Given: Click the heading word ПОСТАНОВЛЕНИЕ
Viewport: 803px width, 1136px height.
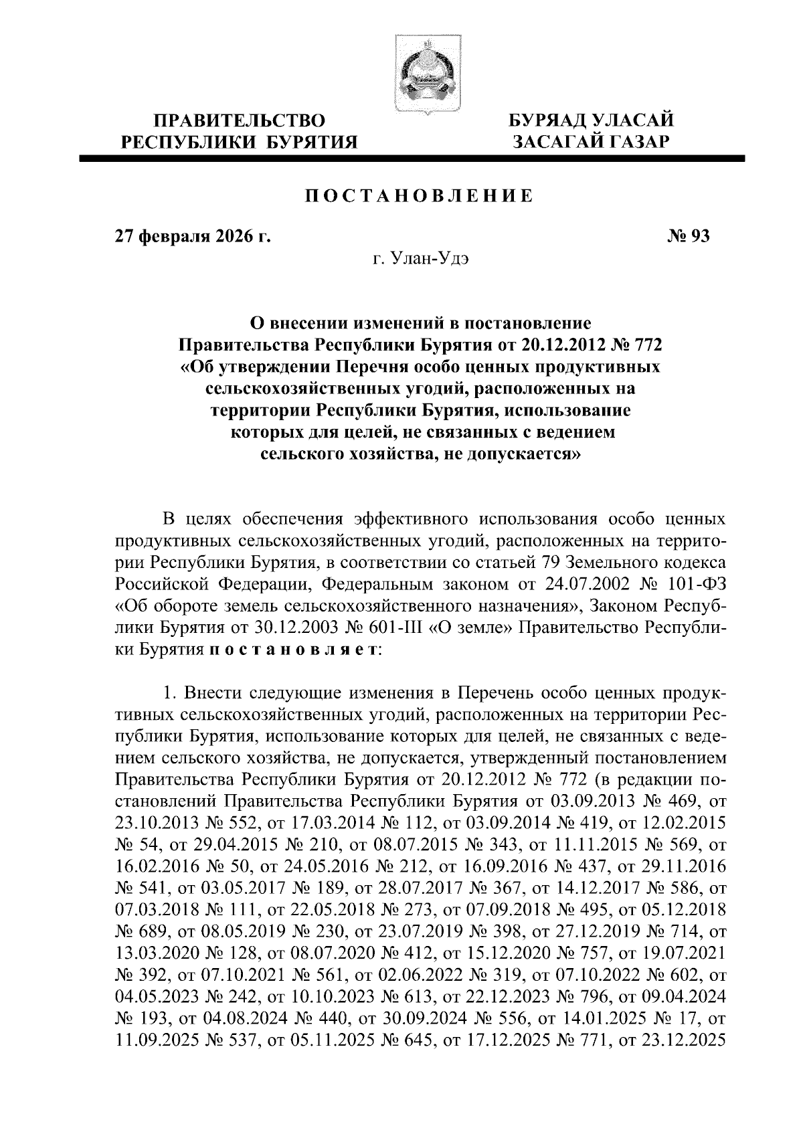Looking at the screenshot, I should point(420,196).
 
